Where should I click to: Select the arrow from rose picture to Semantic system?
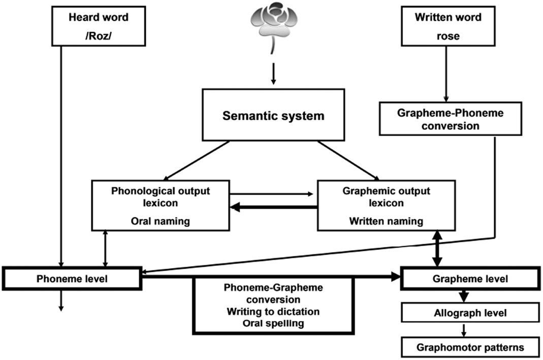273,75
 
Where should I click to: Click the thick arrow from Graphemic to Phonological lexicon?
274,207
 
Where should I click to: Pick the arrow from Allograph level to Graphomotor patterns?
463,331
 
